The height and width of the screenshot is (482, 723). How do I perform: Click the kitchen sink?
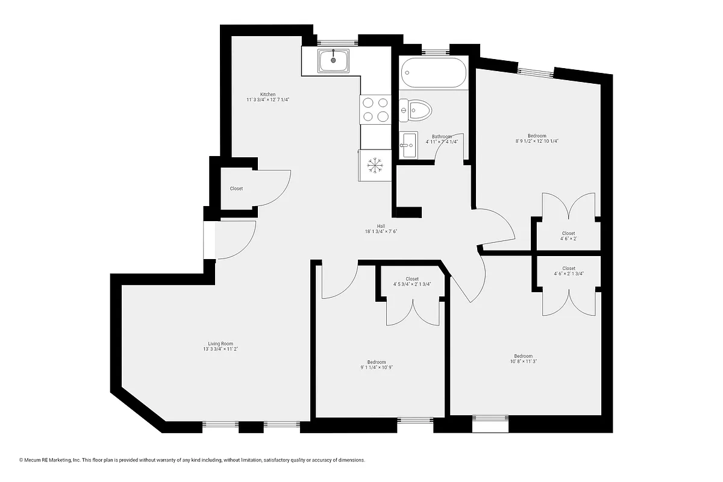pyautogui.click(x=333, y=60)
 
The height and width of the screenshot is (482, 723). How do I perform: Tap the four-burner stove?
pyautogui.click(x=375, y=110)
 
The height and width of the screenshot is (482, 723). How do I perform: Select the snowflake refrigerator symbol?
pyautogui.click(x=375, y=165)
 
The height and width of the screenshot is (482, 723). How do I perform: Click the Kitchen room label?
pyautogui.click(x=268, y=95)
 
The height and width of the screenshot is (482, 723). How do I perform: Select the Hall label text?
pyautogui.click(x=381, y=226)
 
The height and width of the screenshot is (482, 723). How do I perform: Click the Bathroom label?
pyautogui.click(x=442, y=137)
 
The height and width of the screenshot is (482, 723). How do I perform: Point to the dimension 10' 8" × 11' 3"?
pyautogui.click(x=523, y=361)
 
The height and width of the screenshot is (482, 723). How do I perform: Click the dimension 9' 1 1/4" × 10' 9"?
pyautogui.click(x=376, y=367)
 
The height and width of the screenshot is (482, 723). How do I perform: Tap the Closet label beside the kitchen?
pyautogui.click(x=236, y=189)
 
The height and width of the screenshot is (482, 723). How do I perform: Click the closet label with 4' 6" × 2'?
pyautogui.click(x=568, y=236)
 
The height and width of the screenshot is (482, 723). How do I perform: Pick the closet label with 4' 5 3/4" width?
pyautogui.click(x=412, y=281)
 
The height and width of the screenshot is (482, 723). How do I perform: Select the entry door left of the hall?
pyautogui.click(x=235, y=240)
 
